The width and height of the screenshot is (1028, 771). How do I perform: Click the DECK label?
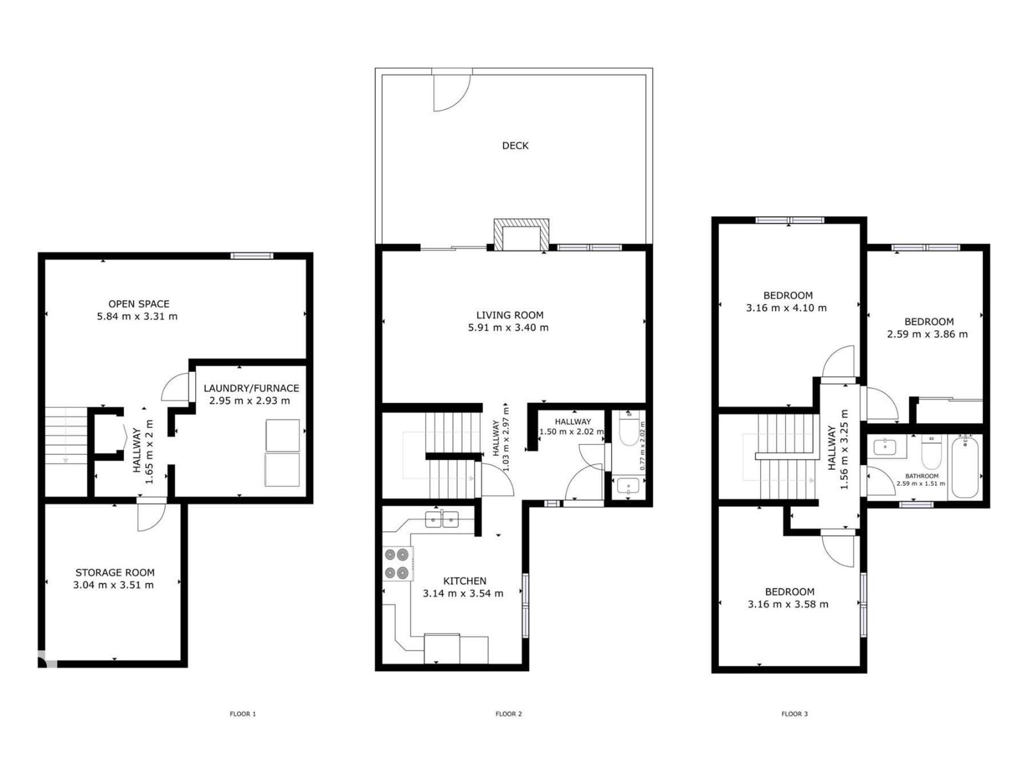[x=515, y=146]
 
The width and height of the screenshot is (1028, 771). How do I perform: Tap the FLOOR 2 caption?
[x=508, y=714]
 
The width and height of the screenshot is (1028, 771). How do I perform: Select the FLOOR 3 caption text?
[x=794, y=714]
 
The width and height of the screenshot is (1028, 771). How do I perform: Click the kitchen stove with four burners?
[x=396, y=563]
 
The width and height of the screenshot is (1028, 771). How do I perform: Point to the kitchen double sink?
[x=441, y=518]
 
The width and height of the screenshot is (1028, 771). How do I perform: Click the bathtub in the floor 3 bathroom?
[x=964, y=467]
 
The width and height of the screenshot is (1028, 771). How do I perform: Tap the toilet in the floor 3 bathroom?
[x=931, y=452]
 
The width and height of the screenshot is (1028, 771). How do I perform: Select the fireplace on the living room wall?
[x=521, y=235]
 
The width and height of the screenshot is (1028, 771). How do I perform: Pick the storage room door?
[x=152, y=516]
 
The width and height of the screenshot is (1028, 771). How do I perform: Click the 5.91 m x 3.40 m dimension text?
[x=508, y=328]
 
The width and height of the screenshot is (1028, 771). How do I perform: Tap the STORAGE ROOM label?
[x=115, y=572]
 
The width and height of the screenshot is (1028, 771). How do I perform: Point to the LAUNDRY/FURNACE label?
[x=251, y=388]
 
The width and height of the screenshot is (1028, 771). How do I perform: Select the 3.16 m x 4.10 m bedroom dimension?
[x=786, y=308]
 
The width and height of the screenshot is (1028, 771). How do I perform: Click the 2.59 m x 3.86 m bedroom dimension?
[x=927, y=334]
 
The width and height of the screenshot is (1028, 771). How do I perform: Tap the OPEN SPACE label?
[x=139, y=304]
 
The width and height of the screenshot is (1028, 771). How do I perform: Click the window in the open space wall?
[x=252, y=256]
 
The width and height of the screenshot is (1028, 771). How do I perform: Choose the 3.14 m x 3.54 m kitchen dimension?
[x=463, y=594]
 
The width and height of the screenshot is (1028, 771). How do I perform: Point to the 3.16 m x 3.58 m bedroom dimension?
[x=788, y=605]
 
